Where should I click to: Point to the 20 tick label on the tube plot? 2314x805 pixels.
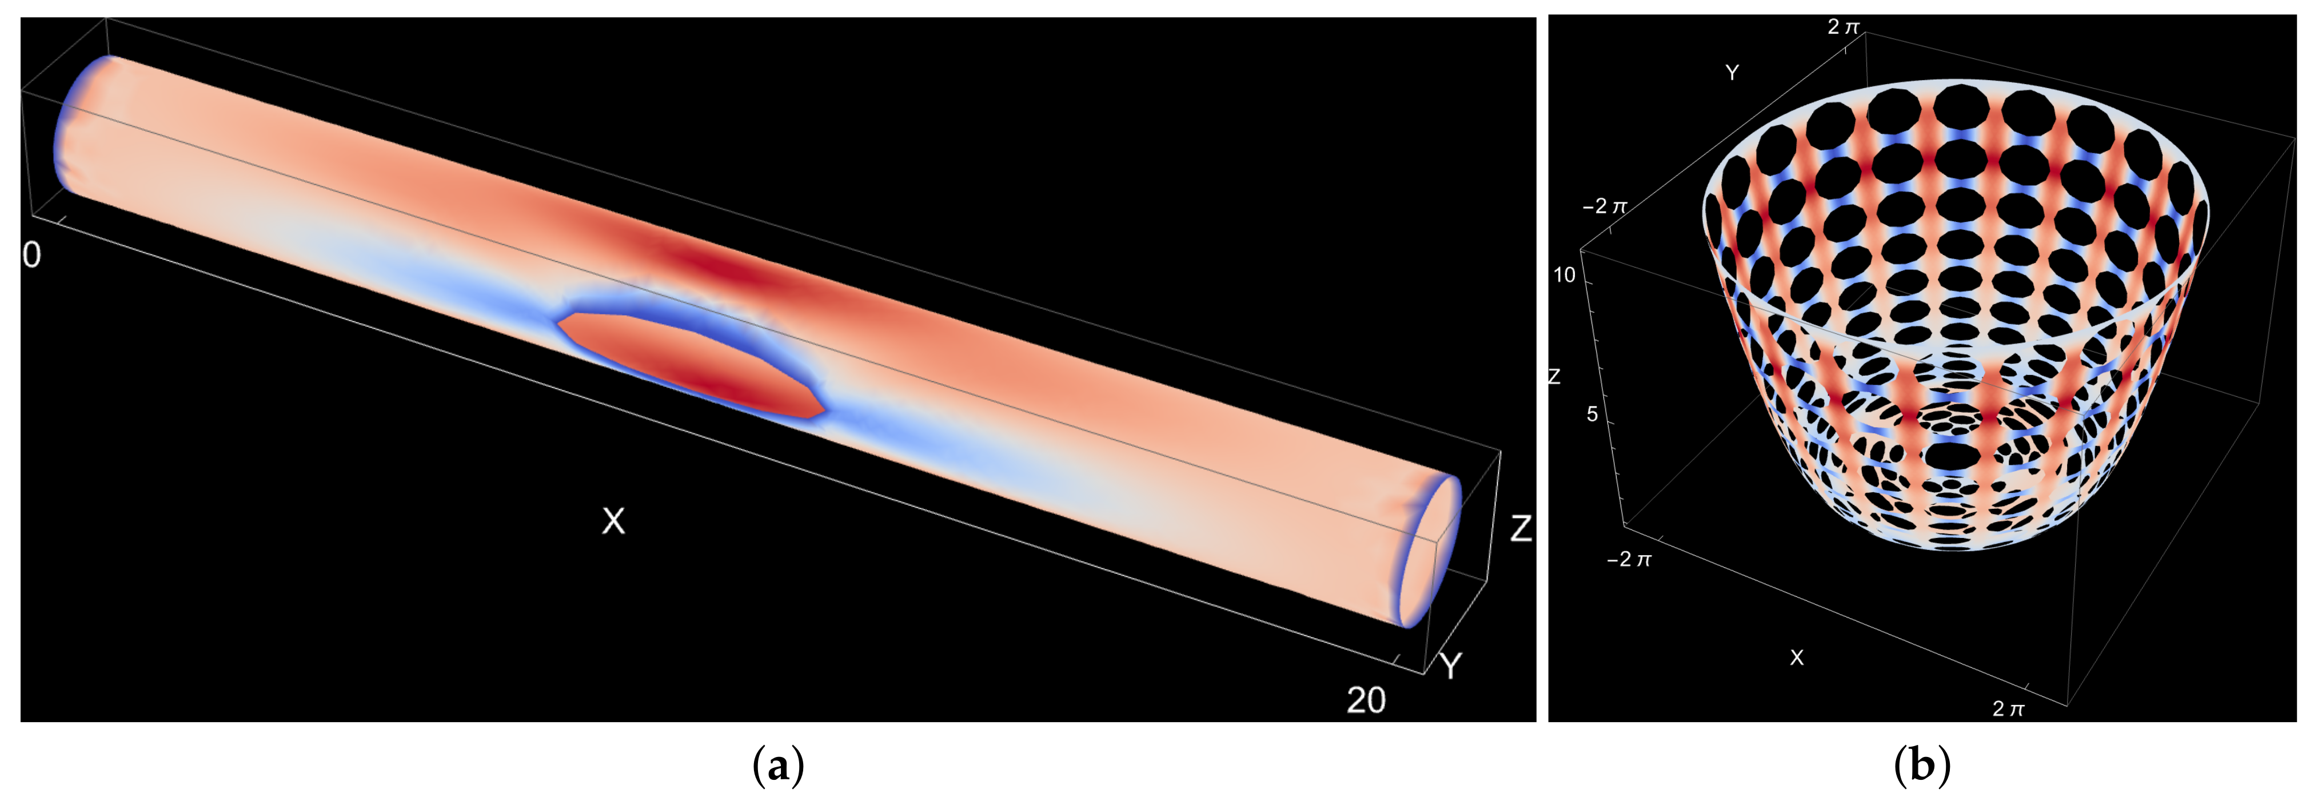point(1366,700)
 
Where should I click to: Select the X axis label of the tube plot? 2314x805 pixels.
point(613,521)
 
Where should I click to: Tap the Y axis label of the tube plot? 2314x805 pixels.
point(1450,665)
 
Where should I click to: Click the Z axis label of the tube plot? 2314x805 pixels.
point(1520,528)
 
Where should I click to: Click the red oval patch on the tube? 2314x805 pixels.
point(690,364)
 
